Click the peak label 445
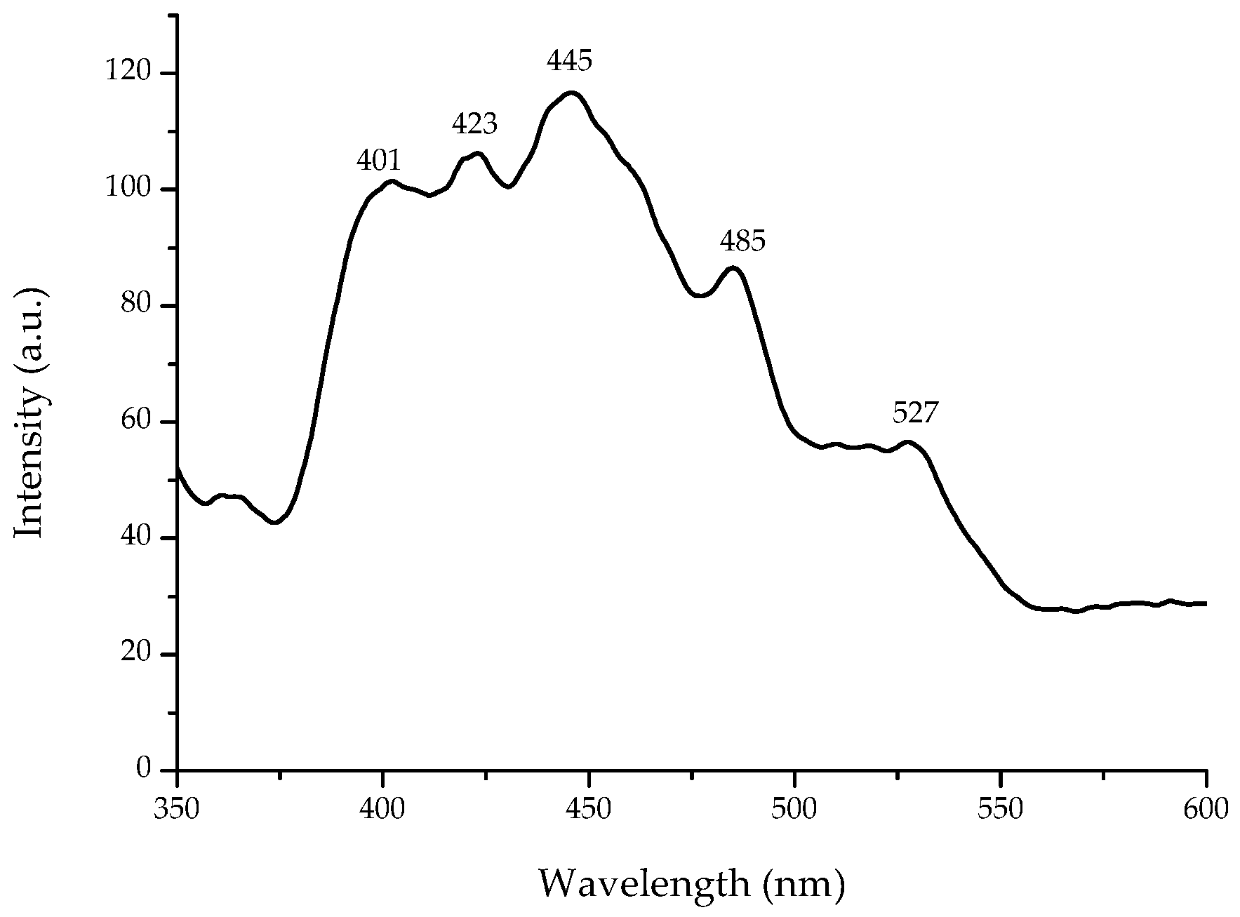pos(569,62)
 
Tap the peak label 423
pos(474,125)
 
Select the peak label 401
pos(379,161)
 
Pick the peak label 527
pos(915,413)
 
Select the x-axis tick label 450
pos(589,809)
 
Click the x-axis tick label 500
pos(794,809)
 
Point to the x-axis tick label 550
pos(1000,809)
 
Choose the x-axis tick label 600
pos(1206,809)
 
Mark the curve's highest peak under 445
pos(572,93)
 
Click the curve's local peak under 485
pos(733,267)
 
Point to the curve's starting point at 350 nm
pos(178,469)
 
